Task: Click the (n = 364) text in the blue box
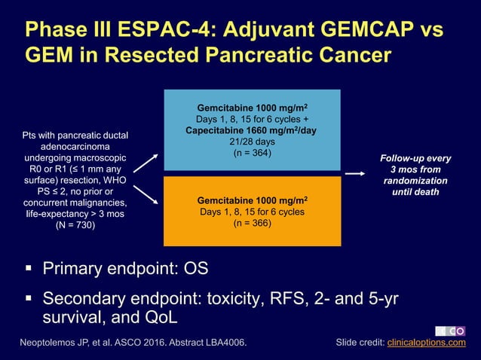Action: (252, 154)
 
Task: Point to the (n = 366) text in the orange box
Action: (252, 223)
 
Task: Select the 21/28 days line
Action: (252, 142)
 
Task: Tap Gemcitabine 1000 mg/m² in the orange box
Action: (252, 201)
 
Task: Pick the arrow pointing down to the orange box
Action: (149, 195)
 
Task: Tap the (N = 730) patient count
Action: (75, 224)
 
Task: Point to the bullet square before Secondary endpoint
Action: (28, 299)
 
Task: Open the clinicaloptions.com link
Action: (426, 343)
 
